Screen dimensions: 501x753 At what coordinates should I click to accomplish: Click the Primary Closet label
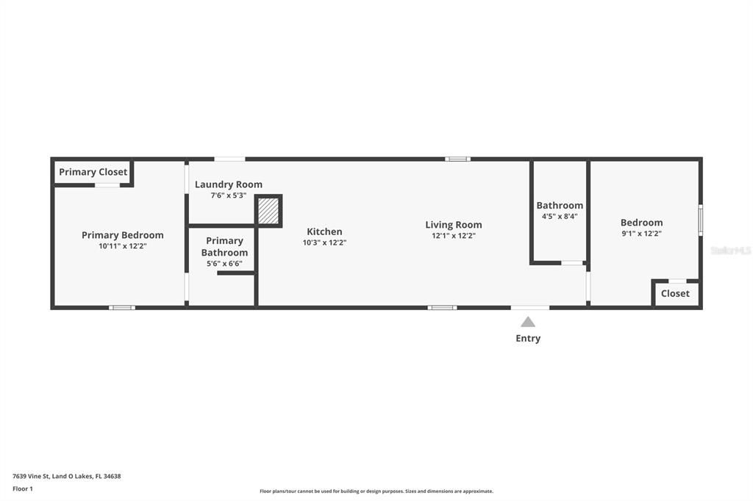click(93, 172)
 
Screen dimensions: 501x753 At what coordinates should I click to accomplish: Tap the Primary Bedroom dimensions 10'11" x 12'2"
click(122, 246)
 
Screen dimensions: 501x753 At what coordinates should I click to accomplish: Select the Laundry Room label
click(228, 184)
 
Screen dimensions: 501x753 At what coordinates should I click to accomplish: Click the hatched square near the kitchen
click(268, 212)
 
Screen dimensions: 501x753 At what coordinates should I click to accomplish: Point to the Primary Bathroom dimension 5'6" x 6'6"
click(224, 263)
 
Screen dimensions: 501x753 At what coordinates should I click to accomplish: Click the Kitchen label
click(324, 231)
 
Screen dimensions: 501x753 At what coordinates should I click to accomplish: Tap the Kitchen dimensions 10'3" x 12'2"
click(324, 242)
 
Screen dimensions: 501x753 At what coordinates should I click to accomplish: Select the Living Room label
click(453, 225)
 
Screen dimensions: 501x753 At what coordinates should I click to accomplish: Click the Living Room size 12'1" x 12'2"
click(453, 236)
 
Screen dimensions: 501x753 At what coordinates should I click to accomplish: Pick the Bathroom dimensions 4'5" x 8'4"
click(560, 216)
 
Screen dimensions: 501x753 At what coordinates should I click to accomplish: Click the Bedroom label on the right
click(641, 223)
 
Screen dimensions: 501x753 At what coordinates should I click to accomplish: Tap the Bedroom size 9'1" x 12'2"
click(641, 234)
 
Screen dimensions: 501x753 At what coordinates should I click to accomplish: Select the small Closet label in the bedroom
click(675, 293)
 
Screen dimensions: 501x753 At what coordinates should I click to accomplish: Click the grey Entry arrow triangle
click(528, 322)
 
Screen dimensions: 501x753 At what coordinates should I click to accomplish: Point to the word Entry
click(528, 339)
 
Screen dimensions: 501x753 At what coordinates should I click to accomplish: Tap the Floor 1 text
click(23, 489)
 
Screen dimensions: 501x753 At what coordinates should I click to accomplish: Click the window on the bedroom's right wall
click(700, 220)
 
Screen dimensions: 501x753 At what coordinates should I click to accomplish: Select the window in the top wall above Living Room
click(457, 159)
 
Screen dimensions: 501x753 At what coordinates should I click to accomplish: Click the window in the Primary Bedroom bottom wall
click(122, 307)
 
